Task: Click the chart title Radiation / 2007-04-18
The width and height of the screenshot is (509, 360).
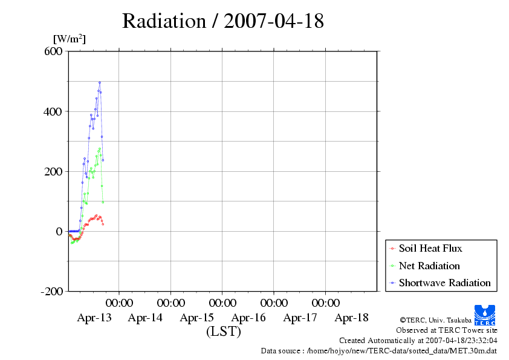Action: click(222, 21)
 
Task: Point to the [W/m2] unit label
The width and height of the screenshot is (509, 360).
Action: click(70, 39)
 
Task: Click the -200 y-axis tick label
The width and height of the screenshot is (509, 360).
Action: click(52, 291)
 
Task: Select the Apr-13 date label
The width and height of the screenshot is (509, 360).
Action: click(94, 318)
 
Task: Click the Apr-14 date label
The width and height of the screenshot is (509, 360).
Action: click(145, 318)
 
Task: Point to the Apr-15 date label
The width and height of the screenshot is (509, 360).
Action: click(197, 318)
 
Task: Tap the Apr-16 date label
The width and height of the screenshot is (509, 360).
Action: click(248, 318)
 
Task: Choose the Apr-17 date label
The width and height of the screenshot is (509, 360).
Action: click(300, 318)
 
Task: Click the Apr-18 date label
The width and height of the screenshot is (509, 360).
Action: click(351, 318)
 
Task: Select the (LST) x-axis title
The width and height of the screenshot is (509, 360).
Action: click(223, 332)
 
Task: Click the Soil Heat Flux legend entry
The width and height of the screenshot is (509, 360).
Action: click(430, 248)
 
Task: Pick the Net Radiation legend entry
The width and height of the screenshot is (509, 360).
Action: click(429, 266)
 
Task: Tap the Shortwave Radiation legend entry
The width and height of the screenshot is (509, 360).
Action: click(444, 283)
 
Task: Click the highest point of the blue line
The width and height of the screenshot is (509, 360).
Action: click(100, 82)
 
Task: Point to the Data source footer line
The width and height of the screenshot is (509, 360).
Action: click(378, 351)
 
